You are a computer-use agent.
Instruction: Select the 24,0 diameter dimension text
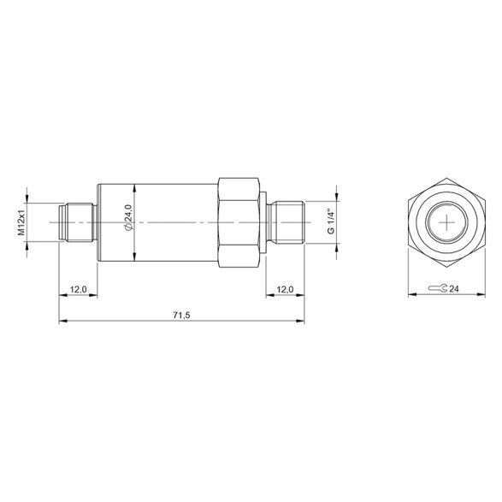[128, 212]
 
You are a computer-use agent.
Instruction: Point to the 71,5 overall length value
[180, 316]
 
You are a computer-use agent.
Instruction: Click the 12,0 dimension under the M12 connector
[78, 290]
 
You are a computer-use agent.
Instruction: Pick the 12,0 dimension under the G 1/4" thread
[285, 290]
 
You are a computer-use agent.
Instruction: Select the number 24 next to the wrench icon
[453, 290]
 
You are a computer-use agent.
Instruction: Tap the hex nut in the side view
[239, 222]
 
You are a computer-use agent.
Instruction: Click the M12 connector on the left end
[76, 222]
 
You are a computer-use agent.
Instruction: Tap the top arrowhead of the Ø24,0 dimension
[137, 188]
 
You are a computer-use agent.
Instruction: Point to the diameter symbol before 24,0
[128, 227]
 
